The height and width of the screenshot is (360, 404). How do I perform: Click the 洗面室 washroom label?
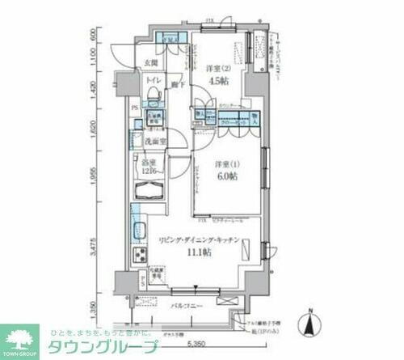pos(156,142)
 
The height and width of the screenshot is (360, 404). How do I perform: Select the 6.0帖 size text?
pos(226,176)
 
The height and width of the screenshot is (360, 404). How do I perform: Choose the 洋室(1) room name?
pos(225,163)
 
